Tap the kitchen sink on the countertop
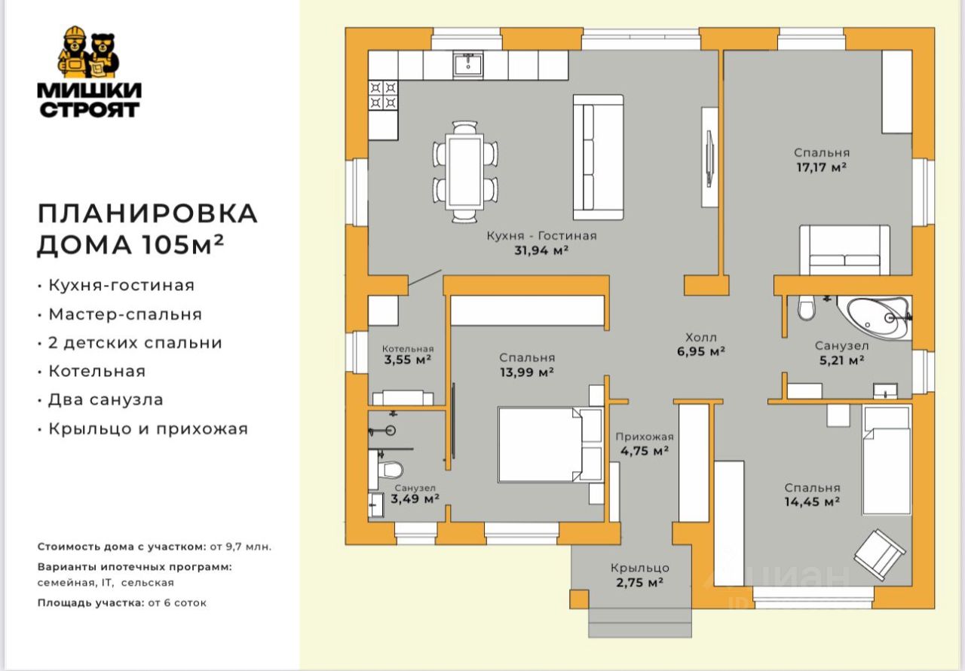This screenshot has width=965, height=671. [468, 65]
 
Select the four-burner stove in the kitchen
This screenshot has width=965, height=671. [383, 96]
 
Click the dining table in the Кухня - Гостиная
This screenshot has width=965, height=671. [465, 172]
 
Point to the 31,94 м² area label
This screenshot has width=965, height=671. [541, 250]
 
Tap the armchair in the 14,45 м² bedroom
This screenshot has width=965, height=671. [880, 555]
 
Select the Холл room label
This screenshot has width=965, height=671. [701, 337]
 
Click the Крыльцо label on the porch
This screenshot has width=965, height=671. [640, 568]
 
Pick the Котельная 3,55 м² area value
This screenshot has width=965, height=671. [408, 360]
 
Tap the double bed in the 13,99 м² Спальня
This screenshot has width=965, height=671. [550, 444]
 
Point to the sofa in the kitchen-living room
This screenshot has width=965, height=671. [599, 158]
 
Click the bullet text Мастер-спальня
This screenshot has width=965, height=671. [125, 314]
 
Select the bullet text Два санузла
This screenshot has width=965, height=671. [106, 400]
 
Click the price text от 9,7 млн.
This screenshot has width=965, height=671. [240, 547]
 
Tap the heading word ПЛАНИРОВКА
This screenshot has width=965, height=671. [147, 213]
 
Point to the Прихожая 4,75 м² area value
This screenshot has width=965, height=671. [645, 451]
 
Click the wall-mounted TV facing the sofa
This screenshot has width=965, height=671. [709, 158]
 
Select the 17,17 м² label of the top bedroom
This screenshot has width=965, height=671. [822, 167]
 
